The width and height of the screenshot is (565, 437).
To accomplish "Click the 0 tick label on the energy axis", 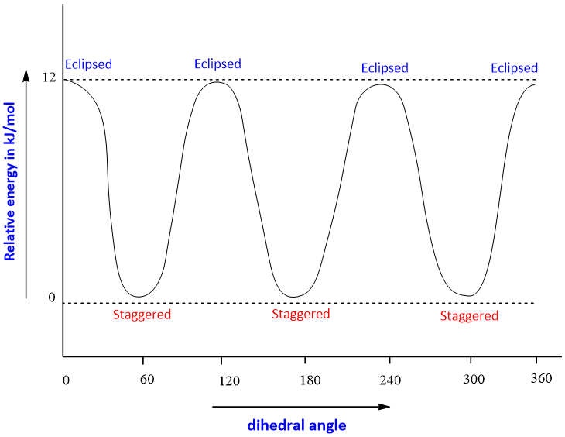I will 52,298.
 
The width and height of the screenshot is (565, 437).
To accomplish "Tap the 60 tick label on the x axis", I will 148,380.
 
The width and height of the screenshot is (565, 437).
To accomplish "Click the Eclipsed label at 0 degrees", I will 88,64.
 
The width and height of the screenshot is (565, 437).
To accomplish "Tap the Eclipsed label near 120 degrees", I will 217,64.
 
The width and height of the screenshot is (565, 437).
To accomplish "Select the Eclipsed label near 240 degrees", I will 385,68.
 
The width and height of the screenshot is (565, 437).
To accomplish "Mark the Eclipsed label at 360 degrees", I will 514,68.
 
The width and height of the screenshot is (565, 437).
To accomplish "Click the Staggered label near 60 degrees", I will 142,315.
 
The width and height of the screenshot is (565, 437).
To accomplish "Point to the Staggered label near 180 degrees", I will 301,314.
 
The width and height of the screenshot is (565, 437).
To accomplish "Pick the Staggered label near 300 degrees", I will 469,315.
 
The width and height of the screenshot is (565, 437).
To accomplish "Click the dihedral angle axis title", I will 296,425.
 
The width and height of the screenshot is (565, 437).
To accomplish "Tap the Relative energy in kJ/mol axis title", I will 11,187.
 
